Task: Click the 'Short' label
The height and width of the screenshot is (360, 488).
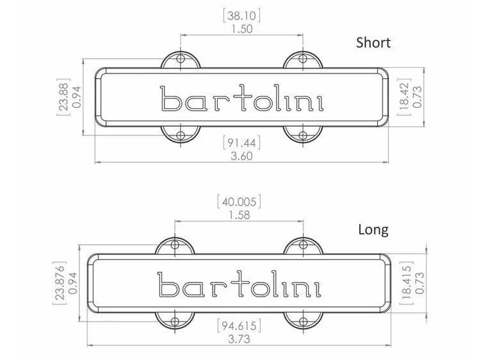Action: click(373, 43)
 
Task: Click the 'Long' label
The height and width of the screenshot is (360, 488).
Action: click(373, 229)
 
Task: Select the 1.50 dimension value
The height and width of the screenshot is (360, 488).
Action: click(240, 29)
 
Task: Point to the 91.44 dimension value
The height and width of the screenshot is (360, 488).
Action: click(240, 142)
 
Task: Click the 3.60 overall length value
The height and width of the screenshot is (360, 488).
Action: click(240, 156)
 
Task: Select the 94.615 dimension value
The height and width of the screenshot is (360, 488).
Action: click(238, 325)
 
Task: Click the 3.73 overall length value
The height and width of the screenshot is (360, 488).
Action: click(238, 340)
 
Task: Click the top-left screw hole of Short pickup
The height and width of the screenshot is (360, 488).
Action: click(180, 59)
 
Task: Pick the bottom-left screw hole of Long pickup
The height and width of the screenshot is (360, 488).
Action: click(174, 320)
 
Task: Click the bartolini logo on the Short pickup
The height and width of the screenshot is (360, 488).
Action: click(240, 99)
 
